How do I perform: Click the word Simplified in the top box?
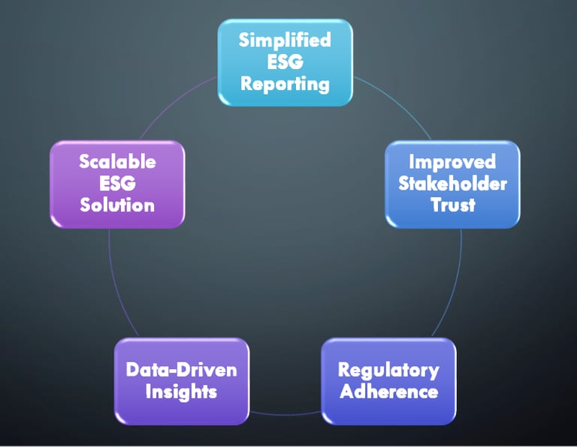pyautogui.click(x=285, y=40)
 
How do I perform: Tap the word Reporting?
pyautogui.click(x=285, y=84)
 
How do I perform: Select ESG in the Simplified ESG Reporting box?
pyautogui.click(x=285, y=61)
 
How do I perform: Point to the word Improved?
pyautogui.click(x=452, y=162)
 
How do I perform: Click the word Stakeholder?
pyautogui.click(x=452, y=183)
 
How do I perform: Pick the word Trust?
pyautogui.click(x=453, y=205)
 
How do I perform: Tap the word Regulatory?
pyautogui.click(x=388, y=370)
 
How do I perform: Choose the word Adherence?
pyautogui.click(x=389, y=391)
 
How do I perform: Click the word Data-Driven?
pyautogui.click(x=181, y=370)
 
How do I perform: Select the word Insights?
pyautogui.click(x=181, y=391)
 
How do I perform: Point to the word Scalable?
pyautogui.click(x=117, y=161)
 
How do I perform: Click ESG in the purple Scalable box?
pyautogui.click(x=117, y=183)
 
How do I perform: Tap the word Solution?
pyautogui.click(x=117, y=205)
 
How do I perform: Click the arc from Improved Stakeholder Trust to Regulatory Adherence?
pyautogui.click(x=455, y=285)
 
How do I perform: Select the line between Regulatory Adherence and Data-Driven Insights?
pyautogui.click(x=285, y=414)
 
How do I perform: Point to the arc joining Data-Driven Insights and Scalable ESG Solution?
pyautogui.click(x=116, y=285)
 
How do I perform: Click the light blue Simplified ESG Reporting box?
pyautogui.click(x=285, y=63)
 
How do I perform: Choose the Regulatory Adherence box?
pyautogui.click(x=388, y=381)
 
